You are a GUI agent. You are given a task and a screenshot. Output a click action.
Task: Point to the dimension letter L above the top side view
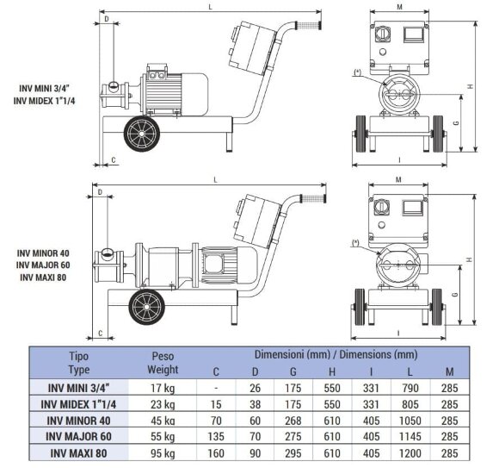211,7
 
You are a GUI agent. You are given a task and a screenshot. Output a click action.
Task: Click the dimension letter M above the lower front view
398,180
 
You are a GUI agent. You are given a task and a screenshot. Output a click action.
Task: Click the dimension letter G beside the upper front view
456,122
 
